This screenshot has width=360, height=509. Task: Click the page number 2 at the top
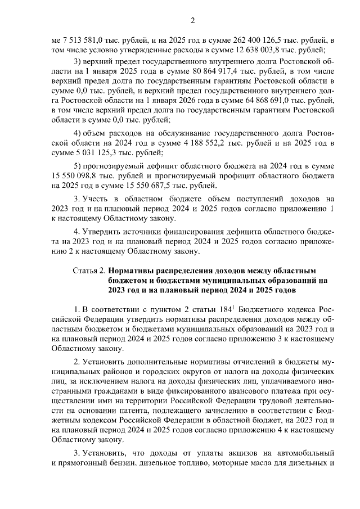coord(192,21)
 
